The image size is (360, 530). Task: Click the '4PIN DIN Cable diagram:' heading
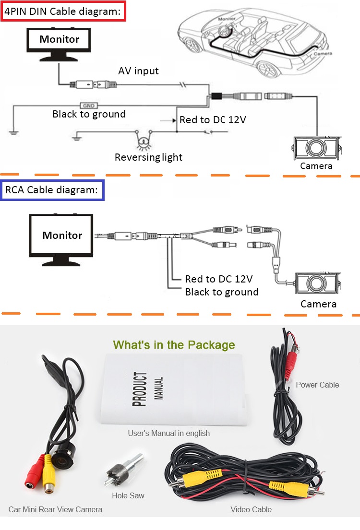coord(63,11)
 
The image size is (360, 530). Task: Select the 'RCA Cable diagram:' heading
coord(52,190)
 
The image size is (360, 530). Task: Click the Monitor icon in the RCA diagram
coord(62,239)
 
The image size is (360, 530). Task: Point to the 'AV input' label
coord(138,71)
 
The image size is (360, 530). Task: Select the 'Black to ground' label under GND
coord(89,114)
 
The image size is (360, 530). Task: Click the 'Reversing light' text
coord(148,157)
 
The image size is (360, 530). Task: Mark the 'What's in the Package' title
coord(174,345)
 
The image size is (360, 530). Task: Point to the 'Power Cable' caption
coord(317,385)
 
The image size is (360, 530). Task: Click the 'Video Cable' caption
coord(251,509)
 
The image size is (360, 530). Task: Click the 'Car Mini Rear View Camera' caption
coord(55,509)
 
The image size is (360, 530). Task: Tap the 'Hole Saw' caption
coord(128,495)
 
